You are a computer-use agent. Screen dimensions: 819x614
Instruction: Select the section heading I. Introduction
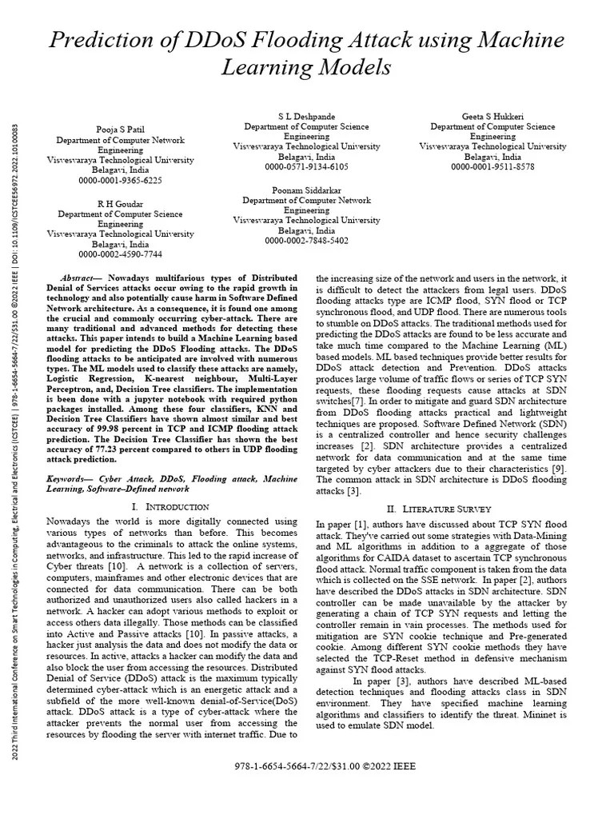169,506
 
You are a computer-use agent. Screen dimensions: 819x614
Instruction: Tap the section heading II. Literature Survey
440,508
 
